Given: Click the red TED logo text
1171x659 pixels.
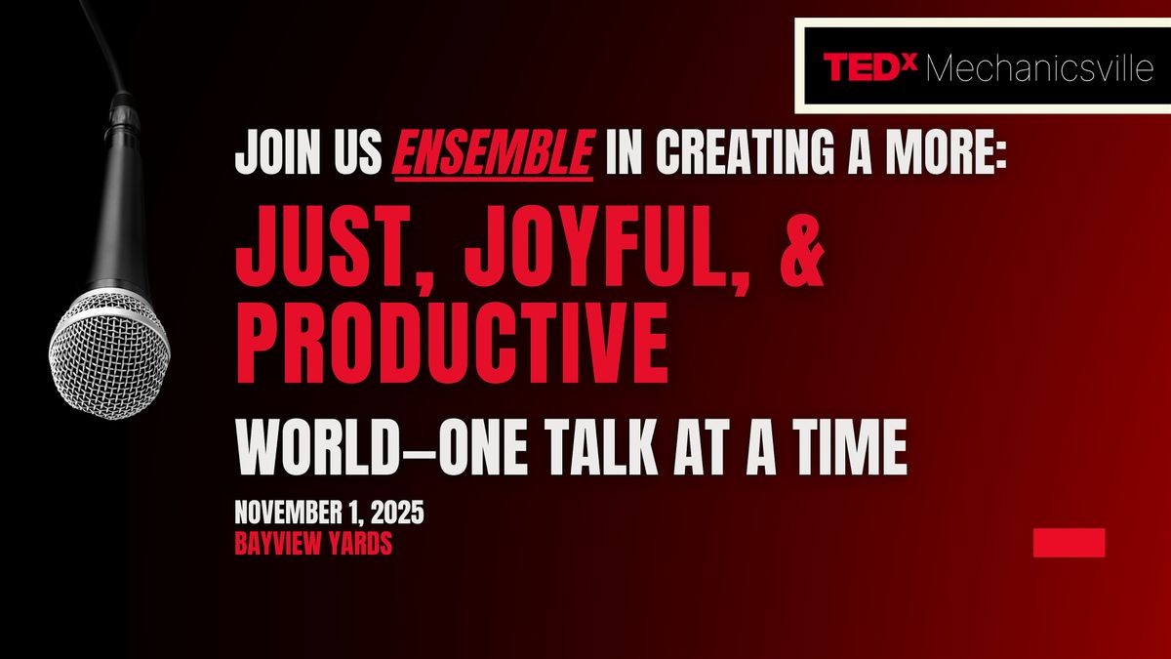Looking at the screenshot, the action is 864,67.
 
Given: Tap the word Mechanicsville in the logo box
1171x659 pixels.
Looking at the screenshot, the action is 1040,68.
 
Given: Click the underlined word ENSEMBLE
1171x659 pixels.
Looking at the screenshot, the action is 494,152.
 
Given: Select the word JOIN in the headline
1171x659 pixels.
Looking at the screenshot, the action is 277,152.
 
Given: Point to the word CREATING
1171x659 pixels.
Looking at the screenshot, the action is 745,152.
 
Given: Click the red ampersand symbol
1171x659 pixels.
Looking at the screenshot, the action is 801,246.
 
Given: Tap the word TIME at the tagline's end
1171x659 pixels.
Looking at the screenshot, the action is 850,448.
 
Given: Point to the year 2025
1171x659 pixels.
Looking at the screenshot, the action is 397,512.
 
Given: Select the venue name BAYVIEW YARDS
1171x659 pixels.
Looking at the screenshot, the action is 313,544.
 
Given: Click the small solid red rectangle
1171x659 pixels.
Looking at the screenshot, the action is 1070,543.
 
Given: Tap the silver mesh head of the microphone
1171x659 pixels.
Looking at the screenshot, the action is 109,355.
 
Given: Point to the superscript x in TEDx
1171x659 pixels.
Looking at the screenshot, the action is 910,62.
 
